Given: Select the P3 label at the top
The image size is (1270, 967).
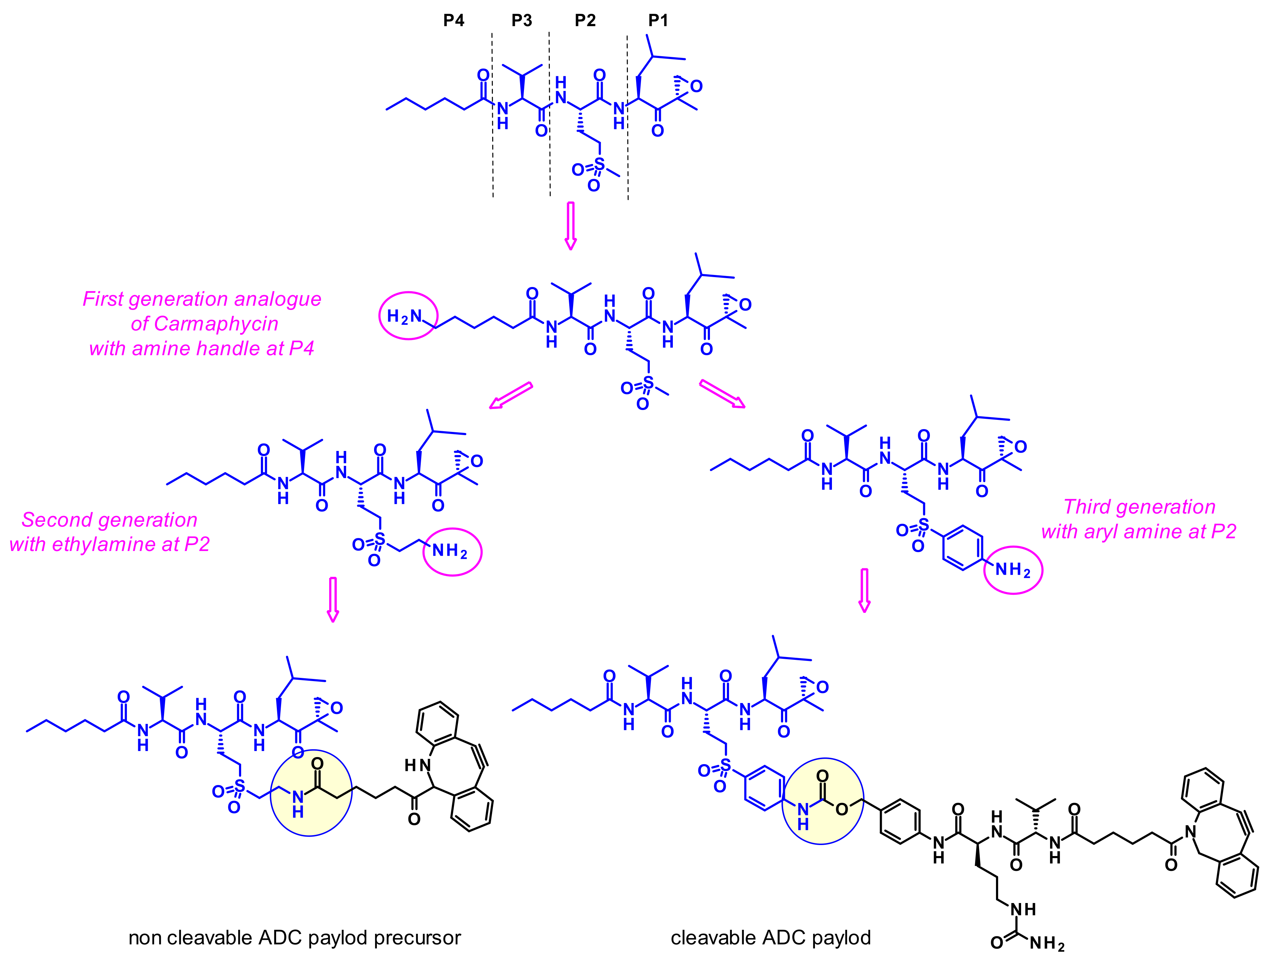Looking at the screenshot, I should click(x=522, y=21).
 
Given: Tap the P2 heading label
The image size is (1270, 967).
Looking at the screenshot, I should click(x=585, y=21).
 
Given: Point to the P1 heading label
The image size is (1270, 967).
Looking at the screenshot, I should click(x=658, y=21).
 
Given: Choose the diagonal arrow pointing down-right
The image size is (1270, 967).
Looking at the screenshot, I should click(x=722, y=394).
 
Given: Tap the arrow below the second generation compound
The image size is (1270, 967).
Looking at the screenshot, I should click(x=333, y=599).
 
